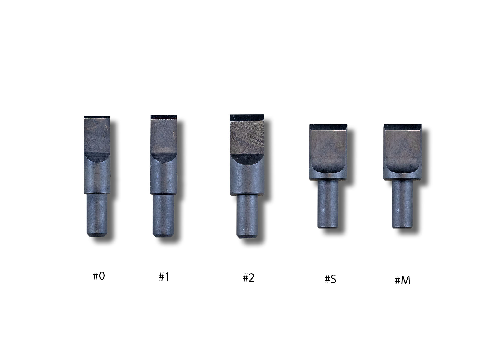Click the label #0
point(99,276)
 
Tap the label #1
point(164,277)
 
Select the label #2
point(249,278)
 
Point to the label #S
point(330,279)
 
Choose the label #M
point(402,280)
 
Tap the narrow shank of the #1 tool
point(163,215)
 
